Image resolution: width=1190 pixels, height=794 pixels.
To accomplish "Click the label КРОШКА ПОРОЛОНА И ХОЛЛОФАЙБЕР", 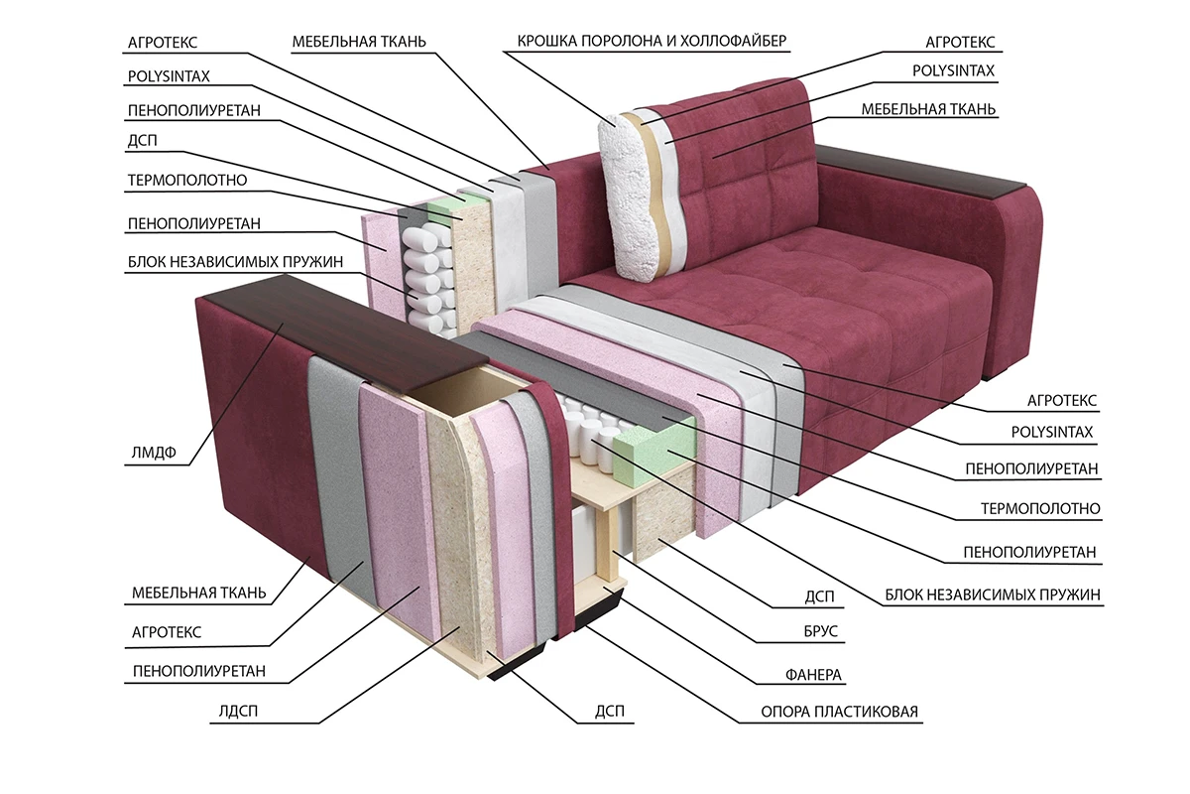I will (652, 41).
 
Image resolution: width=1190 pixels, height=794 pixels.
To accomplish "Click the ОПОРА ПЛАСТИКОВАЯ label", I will (839, 713).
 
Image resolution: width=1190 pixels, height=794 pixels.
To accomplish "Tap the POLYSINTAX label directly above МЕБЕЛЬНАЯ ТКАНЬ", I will (953, 71).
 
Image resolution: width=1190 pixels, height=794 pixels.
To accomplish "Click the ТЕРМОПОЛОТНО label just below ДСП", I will (186, 182).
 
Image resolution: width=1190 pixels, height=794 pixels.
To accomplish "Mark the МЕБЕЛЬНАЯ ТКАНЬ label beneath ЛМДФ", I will (198, 595).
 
